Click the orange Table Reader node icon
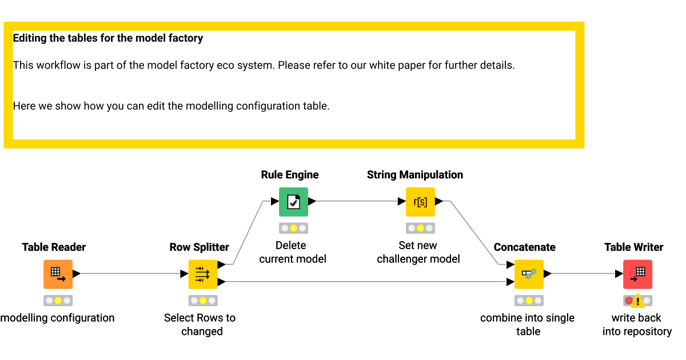point(58,274)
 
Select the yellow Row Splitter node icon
point(203,274)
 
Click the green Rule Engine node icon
point(293,202)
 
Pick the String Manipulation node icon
point(420,202)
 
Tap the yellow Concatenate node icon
point(529,274)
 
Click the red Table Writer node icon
point(637,274)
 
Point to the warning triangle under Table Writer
point(637,301)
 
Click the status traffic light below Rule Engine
point(293,228)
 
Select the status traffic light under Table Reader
point(58,300)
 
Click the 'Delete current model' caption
point(293,252)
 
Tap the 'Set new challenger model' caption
point(418,252)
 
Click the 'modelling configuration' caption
point(57,318)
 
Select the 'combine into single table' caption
point(527,324)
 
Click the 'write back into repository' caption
point(636,324)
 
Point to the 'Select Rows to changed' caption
point(200,324)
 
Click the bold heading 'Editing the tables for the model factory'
point(108,38)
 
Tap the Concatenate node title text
point(524,247)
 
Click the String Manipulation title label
point(415,175)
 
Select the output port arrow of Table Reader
point(77,274)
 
